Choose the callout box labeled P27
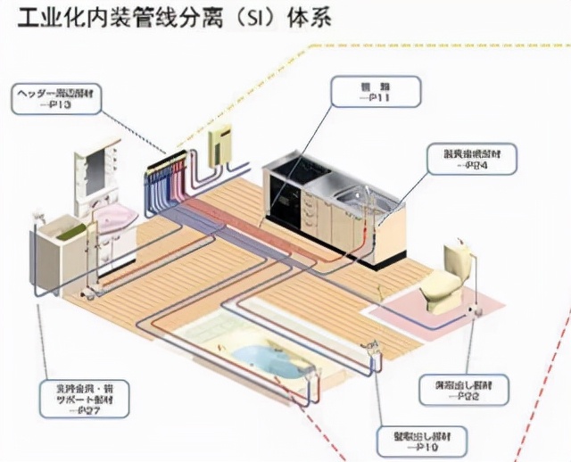(x=85, y=400)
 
